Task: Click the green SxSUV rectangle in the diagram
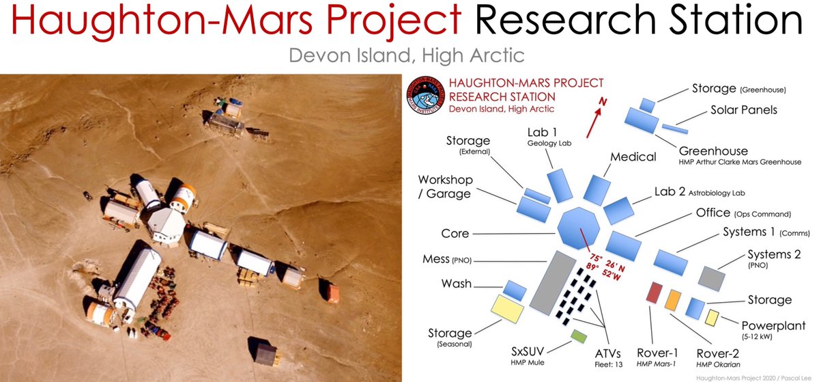pos(579,336)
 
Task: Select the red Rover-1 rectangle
pos(654,292)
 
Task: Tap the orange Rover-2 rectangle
pos(673,300)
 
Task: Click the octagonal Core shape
pos(579,228)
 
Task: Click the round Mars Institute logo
pos(426,95)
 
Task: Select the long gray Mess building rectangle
pos(552,282)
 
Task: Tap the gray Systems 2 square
pos(711,279)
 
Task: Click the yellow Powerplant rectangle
pos(712,318)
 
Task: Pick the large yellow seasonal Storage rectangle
pos(507,309)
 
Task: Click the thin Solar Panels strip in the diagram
pos(675,129)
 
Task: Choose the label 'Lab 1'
pos(542,132)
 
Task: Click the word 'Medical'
pos(633,156)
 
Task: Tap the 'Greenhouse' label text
pos(713,151)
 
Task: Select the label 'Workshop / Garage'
pos(445,187)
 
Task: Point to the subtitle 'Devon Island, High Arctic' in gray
pos(407,55)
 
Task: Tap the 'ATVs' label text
pos(607,353)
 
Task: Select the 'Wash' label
pos(457,284)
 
